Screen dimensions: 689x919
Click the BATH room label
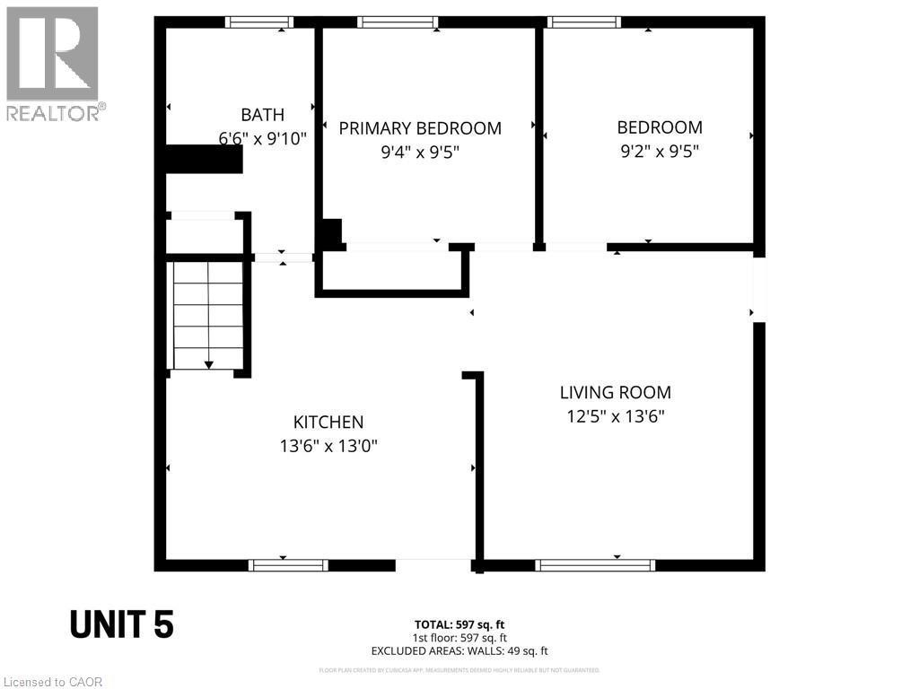(x=262, y=115)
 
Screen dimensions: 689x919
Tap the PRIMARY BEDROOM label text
(x=420, y=128)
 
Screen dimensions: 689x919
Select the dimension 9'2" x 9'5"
(x=660, y=152)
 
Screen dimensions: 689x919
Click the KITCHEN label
(x=328, y=422)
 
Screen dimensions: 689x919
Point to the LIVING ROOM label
(x=616, y=392)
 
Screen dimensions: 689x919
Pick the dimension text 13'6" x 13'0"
(x=328, y=446)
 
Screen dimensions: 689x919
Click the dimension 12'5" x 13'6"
(x=616, y=416)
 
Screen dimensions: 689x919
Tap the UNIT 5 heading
(x=122, y=624)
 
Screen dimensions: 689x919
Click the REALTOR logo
(x=53, y=64)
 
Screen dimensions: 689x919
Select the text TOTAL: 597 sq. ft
(x=459, y=624)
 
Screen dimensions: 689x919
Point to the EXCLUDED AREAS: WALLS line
(x=459, y=651)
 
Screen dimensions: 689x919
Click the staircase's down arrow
(x=208, y=364)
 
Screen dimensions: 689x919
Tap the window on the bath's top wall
(x=259, y=22)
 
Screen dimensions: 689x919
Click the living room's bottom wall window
(x=595, y=565)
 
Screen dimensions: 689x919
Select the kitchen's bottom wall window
(x=288, y=565)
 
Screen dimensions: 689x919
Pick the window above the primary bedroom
(x=398, y=22)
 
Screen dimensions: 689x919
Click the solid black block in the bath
(x=205, y=159)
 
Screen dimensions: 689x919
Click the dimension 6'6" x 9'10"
(x=262, y=139)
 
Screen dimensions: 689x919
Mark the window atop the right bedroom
(x=584, y=22)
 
